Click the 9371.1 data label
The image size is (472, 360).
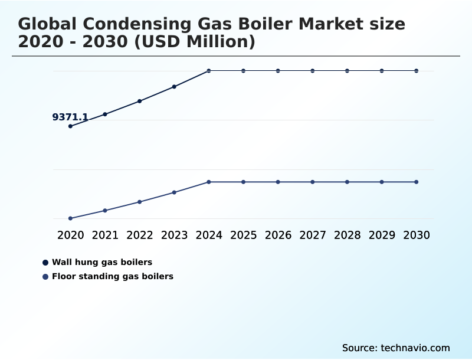click(70, 117)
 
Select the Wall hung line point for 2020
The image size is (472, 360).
click(70, 126)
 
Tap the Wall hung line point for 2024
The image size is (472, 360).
click(209, 71)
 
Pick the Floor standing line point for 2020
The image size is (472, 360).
click(70, 218)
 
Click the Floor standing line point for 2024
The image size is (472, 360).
click(209, 182)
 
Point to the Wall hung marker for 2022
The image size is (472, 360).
click(140, 101)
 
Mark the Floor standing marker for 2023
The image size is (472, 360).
click(174, 192)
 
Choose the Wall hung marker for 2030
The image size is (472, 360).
click(416, 71)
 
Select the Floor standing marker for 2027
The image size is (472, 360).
click(313, 182)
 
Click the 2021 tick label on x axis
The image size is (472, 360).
click(105, 235)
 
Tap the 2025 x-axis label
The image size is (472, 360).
click(243, 235)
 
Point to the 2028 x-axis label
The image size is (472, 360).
click(347, 235)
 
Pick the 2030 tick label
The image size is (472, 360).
click(416, 235)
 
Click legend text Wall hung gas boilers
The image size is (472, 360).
click(102, 262)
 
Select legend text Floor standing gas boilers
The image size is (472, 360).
click(113, 276)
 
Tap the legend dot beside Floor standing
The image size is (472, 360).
click(45, 276)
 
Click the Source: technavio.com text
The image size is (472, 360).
click(396, 348)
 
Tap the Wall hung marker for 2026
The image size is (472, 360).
click(278, 71)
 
